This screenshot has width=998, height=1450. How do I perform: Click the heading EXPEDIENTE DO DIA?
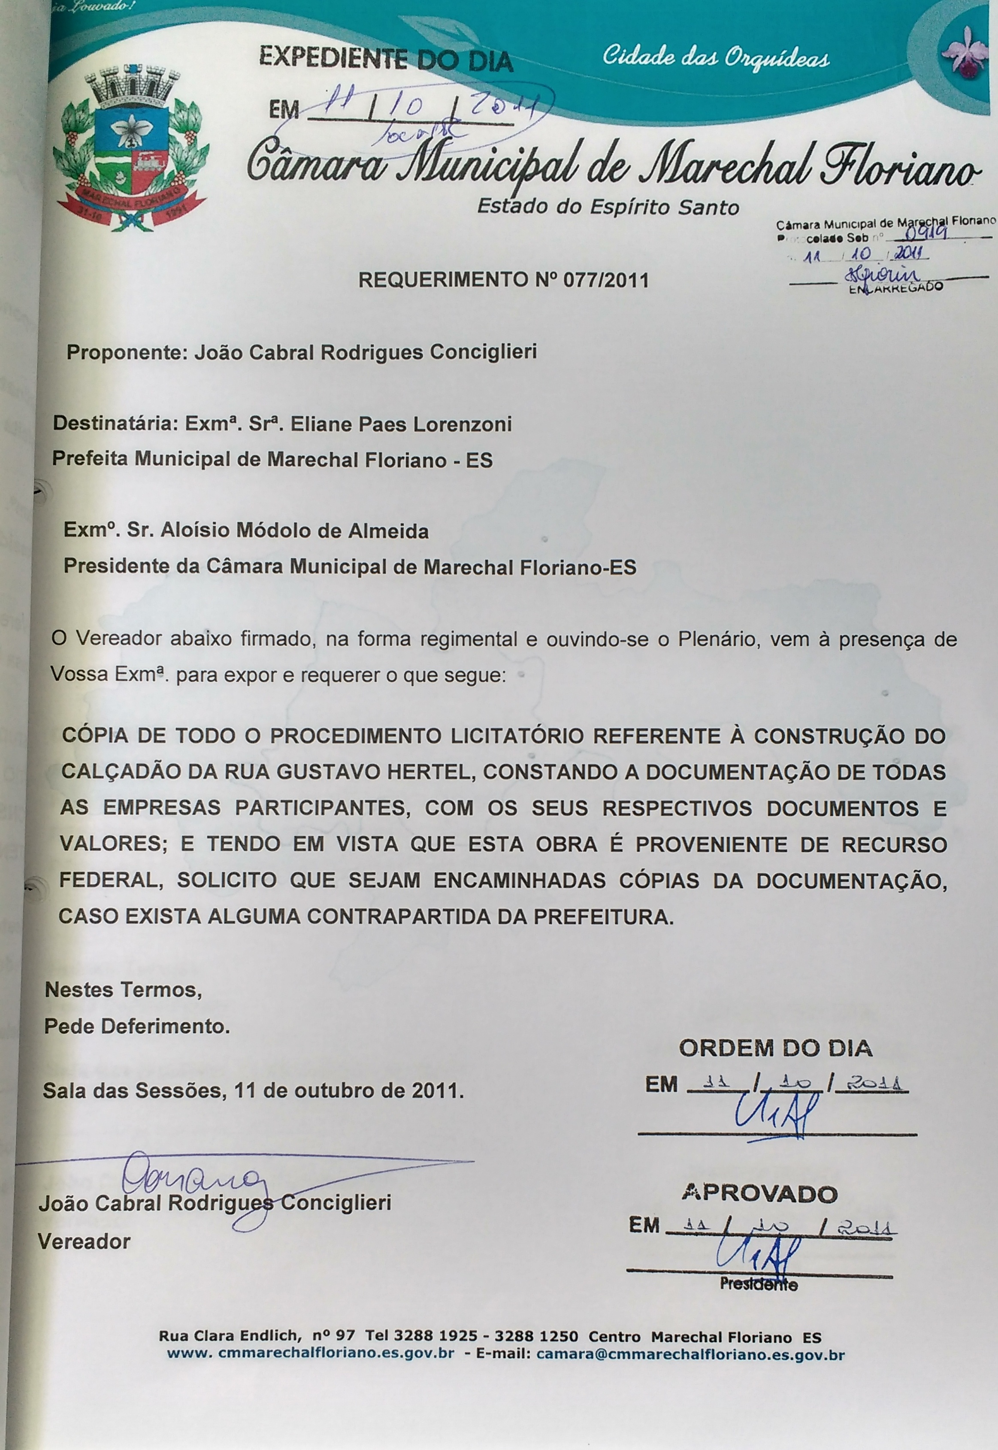[x=386, y=60]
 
